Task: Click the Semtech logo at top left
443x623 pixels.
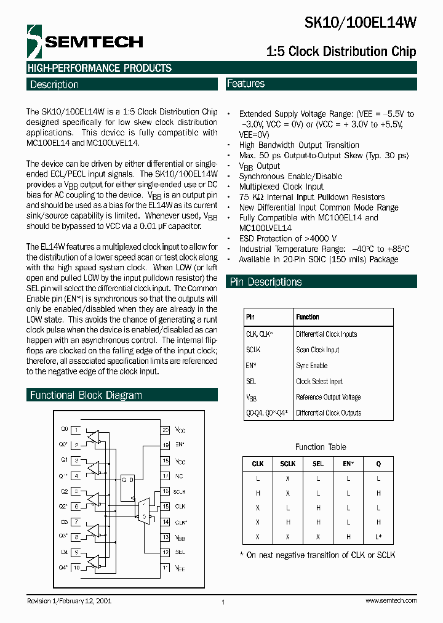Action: click(84, 42)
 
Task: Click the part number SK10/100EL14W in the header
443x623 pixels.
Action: click(361, 23)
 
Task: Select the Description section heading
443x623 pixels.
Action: click(54, 84)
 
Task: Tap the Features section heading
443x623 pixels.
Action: click(245, 84)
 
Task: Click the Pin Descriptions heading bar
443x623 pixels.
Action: click(265, 282)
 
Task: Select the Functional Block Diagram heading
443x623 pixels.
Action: click(86, 395)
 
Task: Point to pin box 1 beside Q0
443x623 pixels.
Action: click(76, 429)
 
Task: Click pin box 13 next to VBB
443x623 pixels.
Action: click(166, 537)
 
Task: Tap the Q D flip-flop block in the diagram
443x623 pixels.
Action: click(128, 488)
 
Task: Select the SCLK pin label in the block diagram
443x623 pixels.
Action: click(179, 491)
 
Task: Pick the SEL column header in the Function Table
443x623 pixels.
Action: click(317, 464)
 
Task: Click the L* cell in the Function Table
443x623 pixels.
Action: click(378, 537)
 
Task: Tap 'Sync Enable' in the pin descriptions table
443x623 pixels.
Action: click(311, 366)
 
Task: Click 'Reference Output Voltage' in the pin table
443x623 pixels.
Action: click(328, 397)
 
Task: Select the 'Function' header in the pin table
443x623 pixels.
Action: click(307, 317)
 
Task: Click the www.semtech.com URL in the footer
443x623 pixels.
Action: click(391, 600)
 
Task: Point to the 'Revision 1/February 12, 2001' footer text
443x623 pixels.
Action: click(69, 600)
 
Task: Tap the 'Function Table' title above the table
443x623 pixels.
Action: click(321, 447)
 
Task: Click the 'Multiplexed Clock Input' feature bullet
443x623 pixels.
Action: click(281, 187)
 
